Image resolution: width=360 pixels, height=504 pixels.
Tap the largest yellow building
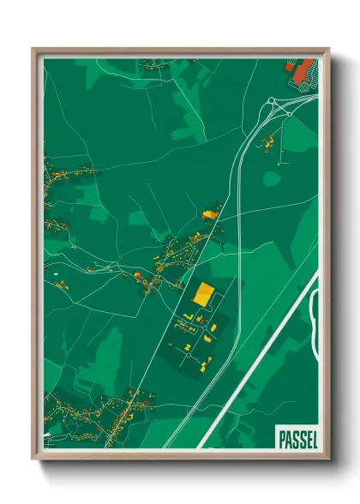point(203,295)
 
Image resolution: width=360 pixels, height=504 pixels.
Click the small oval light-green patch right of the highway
point(272,178)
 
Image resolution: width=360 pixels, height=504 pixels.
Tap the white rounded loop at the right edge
point(314,317)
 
